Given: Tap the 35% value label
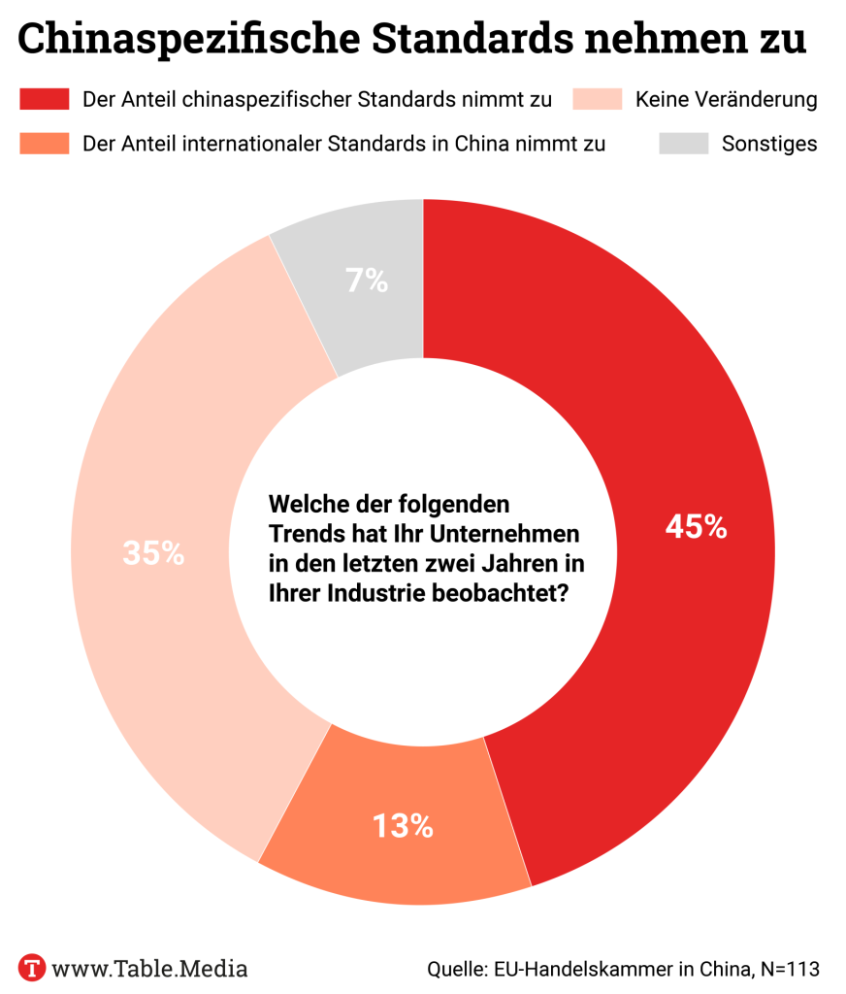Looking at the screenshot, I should tap(153, 553).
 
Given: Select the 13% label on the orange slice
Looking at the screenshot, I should tap(403, 826).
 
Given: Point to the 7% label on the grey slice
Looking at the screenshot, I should tap(367, 282).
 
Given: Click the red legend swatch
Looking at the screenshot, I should tap(44, 99).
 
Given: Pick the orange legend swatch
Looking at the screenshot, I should tap(44, 144).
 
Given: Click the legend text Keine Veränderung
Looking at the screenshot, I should tap(726, 99).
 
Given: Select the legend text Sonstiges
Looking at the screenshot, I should tap(769, 144).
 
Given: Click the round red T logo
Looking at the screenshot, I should tap(34, 968).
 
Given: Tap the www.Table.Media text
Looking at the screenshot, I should tap(149, 968).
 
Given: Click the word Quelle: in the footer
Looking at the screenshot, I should tap(457, 968).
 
